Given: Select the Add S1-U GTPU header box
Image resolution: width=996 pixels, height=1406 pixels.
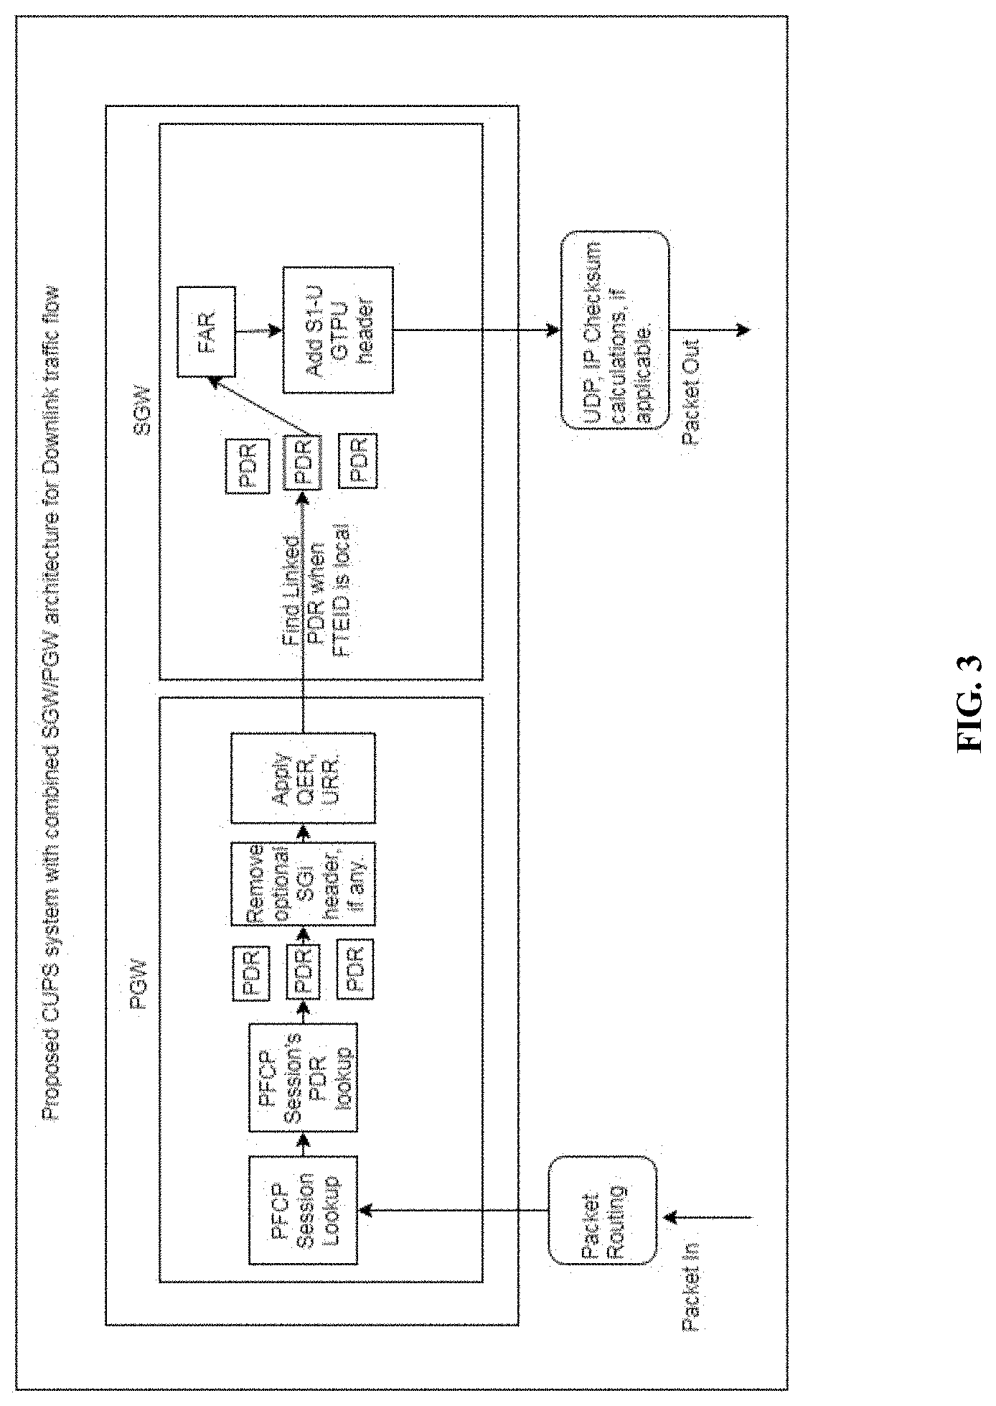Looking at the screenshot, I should [x=338, y=330].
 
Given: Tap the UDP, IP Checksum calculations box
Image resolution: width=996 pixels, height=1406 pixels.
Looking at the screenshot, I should [x=614, y=330].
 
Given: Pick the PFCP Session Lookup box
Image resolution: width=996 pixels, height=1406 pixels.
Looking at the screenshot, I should [x=302, y=1210].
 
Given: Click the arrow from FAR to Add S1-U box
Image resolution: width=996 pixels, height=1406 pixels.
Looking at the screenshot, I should [x=257, y=330].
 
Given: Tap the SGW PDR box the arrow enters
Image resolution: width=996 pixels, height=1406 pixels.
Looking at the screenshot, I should [x=302, y=461].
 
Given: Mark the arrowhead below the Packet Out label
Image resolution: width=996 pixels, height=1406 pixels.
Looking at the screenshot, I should [x=743, y=330].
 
